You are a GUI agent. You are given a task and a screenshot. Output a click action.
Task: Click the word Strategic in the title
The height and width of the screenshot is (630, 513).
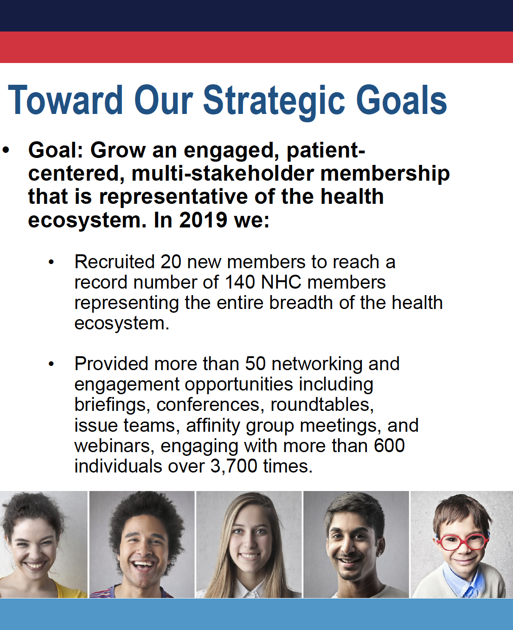pos(274,101)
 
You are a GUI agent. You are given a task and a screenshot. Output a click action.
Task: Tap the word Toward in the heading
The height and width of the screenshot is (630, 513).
pos(65,100)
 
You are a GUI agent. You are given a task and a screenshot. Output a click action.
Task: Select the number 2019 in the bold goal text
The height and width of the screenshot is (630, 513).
pos(203,220)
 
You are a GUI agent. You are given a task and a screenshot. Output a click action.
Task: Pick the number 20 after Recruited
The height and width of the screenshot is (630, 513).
pos(171,262)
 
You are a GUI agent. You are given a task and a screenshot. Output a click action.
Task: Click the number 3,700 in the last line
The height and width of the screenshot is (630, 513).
pos(234,466)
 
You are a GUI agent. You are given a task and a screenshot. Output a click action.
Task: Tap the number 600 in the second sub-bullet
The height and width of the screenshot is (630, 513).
pos(389,446)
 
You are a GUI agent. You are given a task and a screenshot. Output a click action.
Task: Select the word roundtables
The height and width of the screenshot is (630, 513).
pos(322,404)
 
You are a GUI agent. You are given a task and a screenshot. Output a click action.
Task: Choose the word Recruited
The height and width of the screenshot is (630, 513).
pos(115,262)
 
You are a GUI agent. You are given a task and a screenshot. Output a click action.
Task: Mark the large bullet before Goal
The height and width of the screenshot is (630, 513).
pos(6,150)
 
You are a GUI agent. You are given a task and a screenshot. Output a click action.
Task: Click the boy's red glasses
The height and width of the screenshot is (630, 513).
pos(462,542)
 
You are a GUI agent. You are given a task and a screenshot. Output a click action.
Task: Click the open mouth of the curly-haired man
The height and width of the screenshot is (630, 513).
pos(143,566)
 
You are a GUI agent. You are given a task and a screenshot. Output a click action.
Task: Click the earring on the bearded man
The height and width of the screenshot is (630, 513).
pos(379,555)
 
